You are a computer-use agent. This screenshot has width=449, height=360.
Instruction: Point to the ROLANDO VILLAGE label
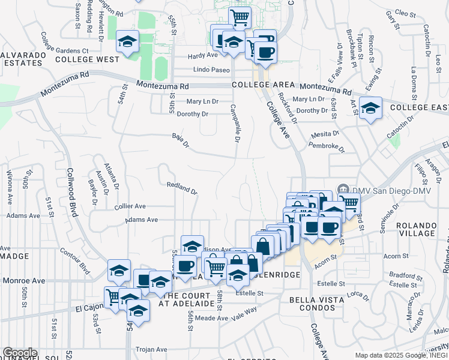click(x=425, y=230)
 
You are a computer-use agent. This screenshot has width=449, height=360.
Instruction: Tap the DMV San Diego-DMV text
click(x=384, y=190)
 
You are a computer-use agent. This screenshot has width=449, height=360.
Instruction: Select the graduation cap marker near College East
click(x=370, y=108)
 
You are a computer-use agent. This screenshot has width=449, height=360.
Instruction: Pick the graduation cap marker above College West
click(x=127, y=41)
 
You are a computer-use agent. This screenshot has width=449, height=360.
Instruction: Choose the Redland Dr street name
click(x=182, y=188)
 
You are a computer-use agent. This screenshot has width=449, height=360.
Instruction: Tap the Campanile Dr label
click(x=235, y=124)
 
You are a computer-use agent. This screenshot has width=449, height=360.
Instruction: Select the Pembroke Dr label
click(x=326, y=146)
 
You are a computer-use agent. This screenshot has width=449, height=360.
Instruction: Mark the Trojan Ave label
click(x=152, y=349)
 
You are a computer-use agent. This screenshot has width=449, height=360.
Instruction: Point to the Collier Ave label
click(x=130, y=206)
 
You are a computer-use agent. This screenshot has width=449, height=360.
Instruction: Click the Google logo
click(x=19, y=353)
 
